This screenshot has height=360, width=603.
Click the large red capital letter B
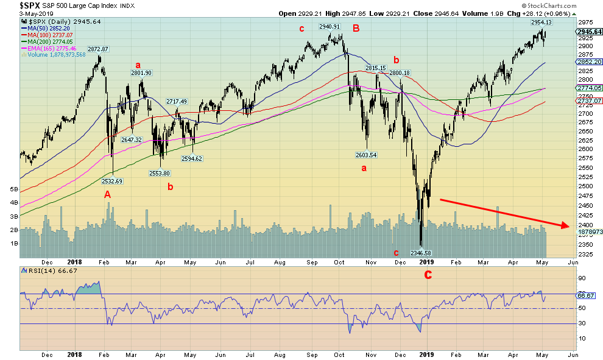pos(356,27)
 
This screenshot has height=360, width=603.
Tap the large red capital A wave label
pos(108,195)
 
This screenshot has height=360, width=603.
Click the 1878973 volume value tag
pos(588,232)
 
